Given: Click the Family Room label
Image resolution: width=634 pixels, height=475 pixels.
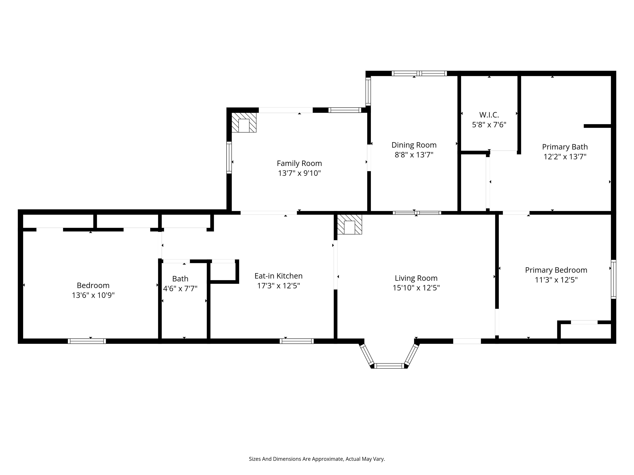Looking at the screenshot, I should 299,163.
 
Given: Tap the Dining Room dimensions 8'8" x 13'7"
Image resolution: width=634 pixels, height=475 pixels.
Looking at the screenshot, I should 414,155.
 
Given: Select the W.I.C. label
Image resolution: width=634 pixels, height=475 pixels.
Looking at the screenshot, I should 489,115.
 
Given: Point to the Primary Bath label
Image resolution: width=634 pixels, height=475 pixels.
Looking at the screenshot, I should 565,147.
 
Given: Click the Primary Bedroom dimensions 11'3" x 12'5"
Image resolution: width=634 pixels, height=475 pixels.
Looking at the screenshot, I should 556,280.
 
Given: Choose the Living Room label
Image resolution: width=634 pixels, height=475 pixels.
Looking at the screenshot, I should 416,278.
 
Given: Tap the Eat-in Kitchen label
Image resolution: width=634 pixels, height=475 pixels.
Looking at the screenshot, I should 278,276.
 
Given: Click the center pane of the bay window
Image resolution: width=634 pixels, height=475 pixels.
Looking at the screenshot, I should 389,366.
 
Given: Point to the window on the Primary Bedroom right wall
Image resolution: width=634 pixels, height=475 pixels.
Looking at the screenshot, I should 613,279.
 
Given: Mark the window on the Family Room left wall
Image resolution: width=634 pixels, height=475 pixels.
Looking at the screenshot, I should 229,158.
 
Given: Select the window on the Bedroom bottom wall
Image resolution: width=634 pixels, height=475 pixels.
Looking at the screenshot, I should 87,341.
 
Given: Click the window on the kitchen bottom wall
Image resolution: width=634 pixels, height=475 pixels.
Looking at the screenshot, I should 297,341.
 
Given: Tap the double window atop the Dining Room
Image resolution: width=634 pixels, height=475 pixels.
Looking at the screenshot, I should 419,73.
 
